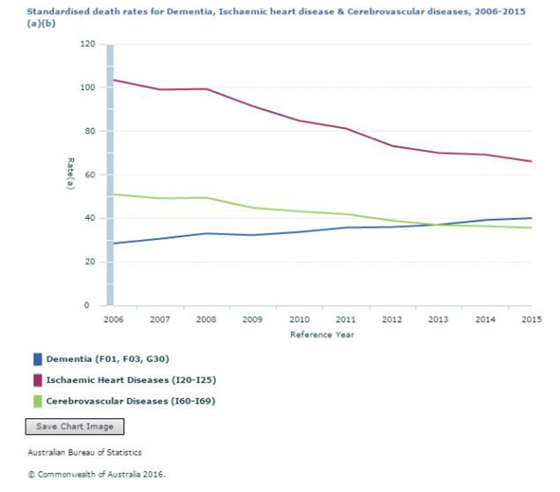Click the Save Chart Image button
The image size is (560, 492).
tap(75, 426)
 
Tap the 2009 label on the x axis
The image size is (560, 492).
tap(252, 319)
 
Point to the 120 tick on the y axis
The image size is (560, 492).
tap(87, 44)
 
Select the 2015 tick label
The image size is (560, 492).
tap(532, 319)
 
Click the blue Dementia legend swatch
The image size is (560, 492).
tap(38, 359)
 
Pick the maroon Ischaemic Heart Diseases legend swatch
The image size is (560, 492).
tap(38, 380)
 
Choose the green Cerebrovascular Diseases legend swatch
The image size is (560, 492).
tap(38, 401)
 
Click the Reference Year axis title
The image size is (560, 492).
tap(322, 335)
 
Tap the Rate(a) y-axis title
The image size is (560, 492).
tap(71, 173)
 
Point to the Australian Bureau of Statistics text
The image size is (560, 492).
tap(85, 452)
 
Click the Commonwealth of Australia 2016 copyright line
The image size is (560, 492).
tap(97, 474)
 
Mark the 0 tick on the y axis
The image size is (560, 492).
tap(87, 305)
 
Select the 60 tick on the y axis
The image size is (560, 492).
tap(90, 175)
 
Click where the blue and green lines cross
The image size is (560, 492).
tap(436, 225)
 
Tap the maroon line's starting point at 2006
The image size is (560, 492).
tap(113, 80)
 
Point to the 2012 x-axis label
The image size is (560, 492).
tap(392, 319)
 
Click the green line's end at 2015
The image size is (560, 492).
tap(532, 228)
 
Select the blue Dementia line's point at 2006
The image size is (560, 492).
tap(113, 243)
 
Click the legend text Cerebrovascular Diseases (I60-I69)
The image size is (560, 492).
tap(130, 401)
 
